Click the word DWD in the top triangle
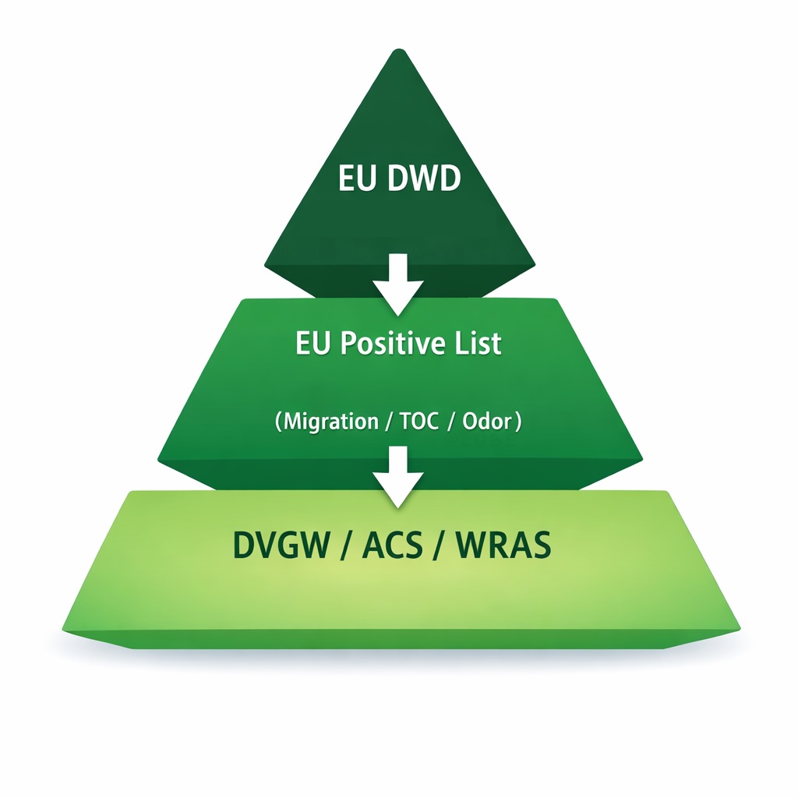click(x=422, y=179)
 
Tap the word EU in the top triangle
click(x=355, y=179)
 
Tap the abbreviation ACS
click(x=392, y=546)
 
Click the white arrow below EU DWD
click(x=398, y=284)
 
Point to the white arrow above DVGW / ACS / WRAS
click(x=398, y=476)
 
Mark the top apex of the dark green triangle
click(x=399, y=51)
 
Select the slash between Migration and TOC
click(x=387, y=422)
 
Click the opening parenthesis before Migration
click(x=278, y=422)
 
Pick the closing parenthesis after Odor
click(x=517, y=422)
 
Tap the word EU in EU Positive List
click(x=310, y=344)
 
